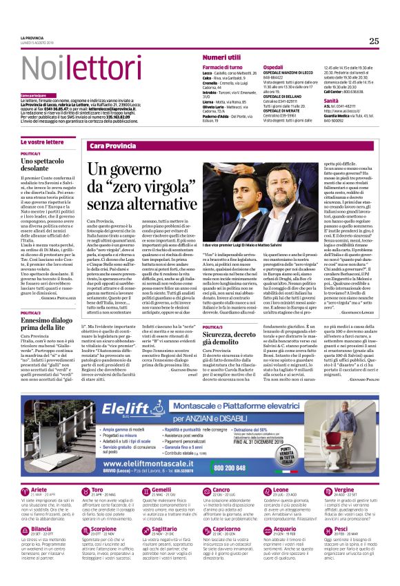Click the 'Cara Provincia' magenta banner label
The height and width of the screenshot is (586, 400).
tap(113, 146)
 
